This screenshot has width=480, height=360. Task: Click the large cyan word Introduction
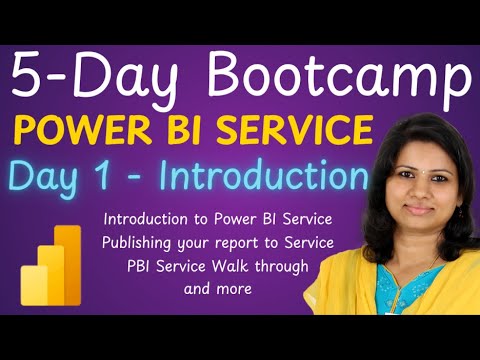pyautogui.click(x=263, y=177)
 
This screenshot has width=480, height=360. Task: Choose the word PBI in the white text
pyautogui.click(x=142, y=266)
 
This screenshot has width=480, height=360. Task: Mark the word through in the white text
pyautogui.click(x=282, y=266)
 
